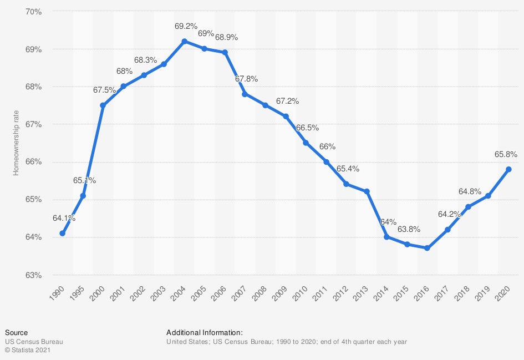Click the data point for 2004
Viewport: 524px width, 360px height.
coord(184,41)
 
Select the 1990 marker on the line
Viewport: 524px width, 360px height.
coord(63,233)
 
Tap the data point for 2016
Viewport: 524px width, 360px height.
coord(427,248)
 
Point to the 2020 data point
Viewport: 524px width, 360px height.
coord(508,169)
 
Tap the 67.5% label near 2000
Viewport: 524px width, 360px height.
coord(103,89)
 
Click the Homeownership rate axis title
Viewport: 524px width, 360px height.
coord(16,143)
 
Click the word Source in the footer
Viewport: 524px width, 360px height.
coord(16,333)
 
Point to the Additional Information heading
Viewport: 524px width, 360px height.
coord(204,333)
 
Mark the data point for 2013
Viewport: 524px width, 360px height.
coord(367,191)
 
